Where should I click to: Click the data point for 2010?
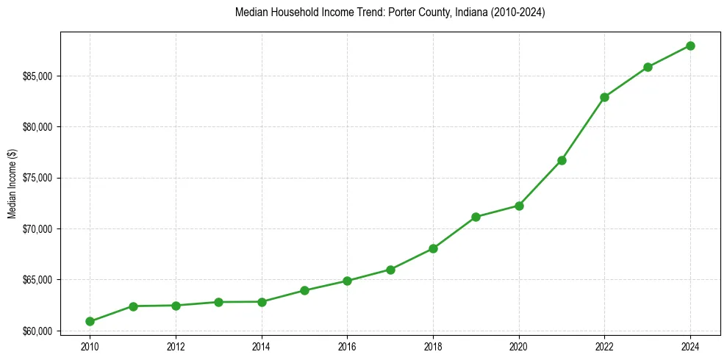point(90,321)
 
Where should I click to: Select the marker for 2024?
point(690,46)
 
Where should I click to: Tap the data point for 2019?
point(476,217)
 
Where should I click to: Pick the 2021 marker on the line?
point(562,160)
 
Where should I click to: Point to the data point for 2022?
point(604,97)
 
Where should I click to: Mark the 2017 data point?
point(390,270)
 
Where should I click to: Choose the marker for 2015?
point(304,290)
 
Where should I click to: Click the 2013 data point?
point(218,302)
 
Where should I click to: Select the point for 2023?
point(648,67)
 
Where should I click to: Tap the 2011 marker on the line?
point(133,306)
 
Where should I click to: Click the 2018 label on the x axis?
point(433,346)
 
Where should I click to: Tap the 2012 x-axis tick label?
point(176,346)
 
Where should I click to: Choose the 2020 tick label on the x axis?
point(519,346)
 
